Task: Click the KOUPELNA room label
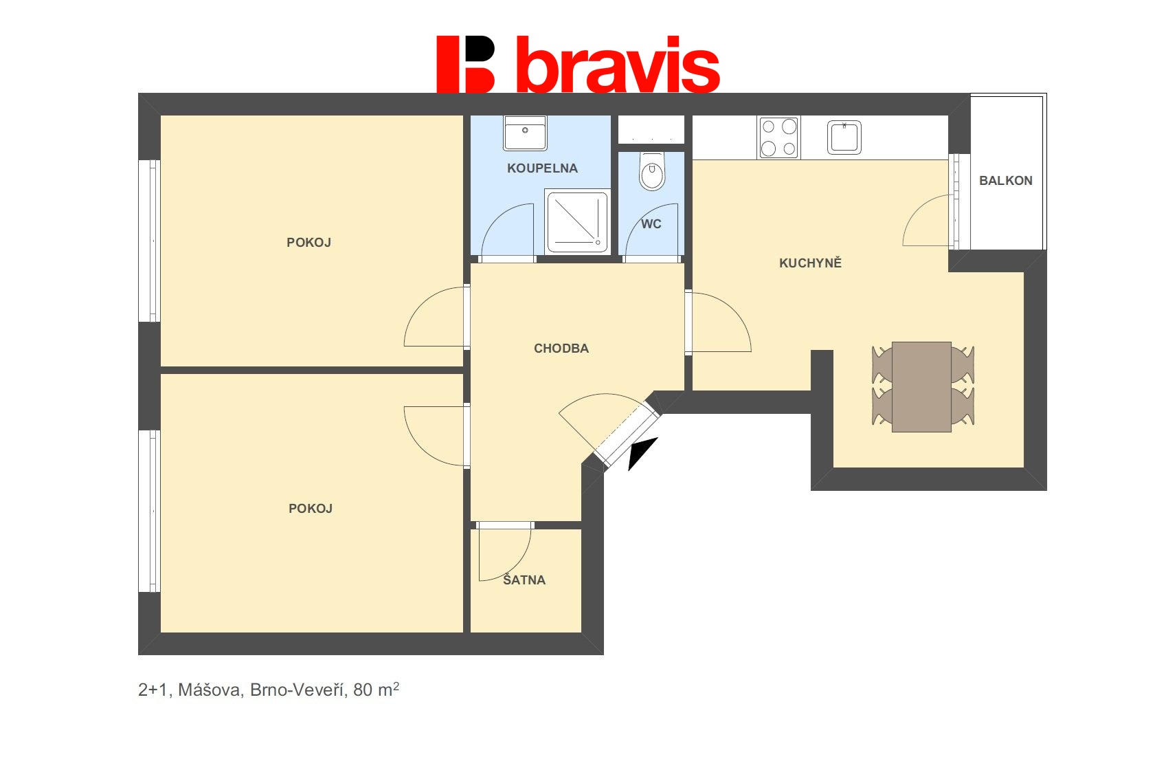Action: [x=542, y=168]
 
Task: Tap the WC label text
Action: [x=651, y=224]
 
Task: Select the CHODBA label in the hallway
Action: [x=561, y=349]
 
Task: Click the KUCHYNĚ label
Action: [x=810, y=263]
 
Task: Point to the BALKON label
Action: [x=1005, y=181]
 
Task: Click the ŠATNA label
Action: [x=524, y=580]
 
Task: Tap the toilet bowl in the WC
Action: [x=652, y=171]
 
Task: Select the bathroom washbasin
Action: [x=525, y=133]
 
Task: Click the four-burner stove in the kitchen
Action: [x=778, y=137]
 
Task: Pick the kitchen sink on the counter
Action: [x=844, y=137]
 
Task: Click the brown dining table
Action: [x=921, y=386]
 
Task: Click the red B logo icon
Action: [x=465, y=64]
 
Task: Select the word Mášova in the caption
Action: [x=210, y=690]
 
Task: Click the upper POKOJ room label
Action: [x=308, y=243]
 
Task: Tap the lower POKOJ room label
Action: [x=310, y=509]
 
